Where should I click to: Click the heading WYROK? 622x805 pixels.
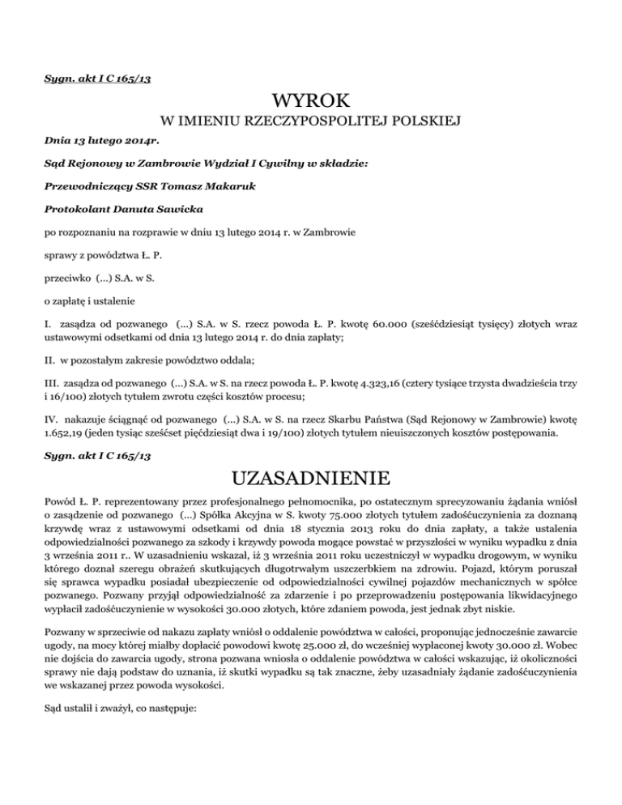311,103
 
